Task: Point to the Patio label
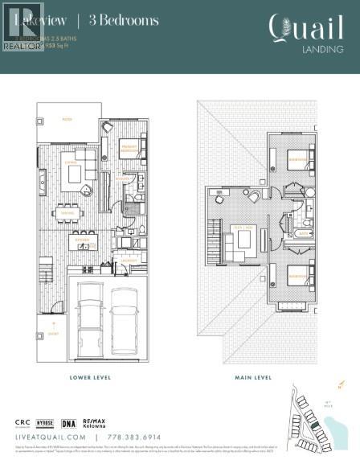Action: pos(67,117)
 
